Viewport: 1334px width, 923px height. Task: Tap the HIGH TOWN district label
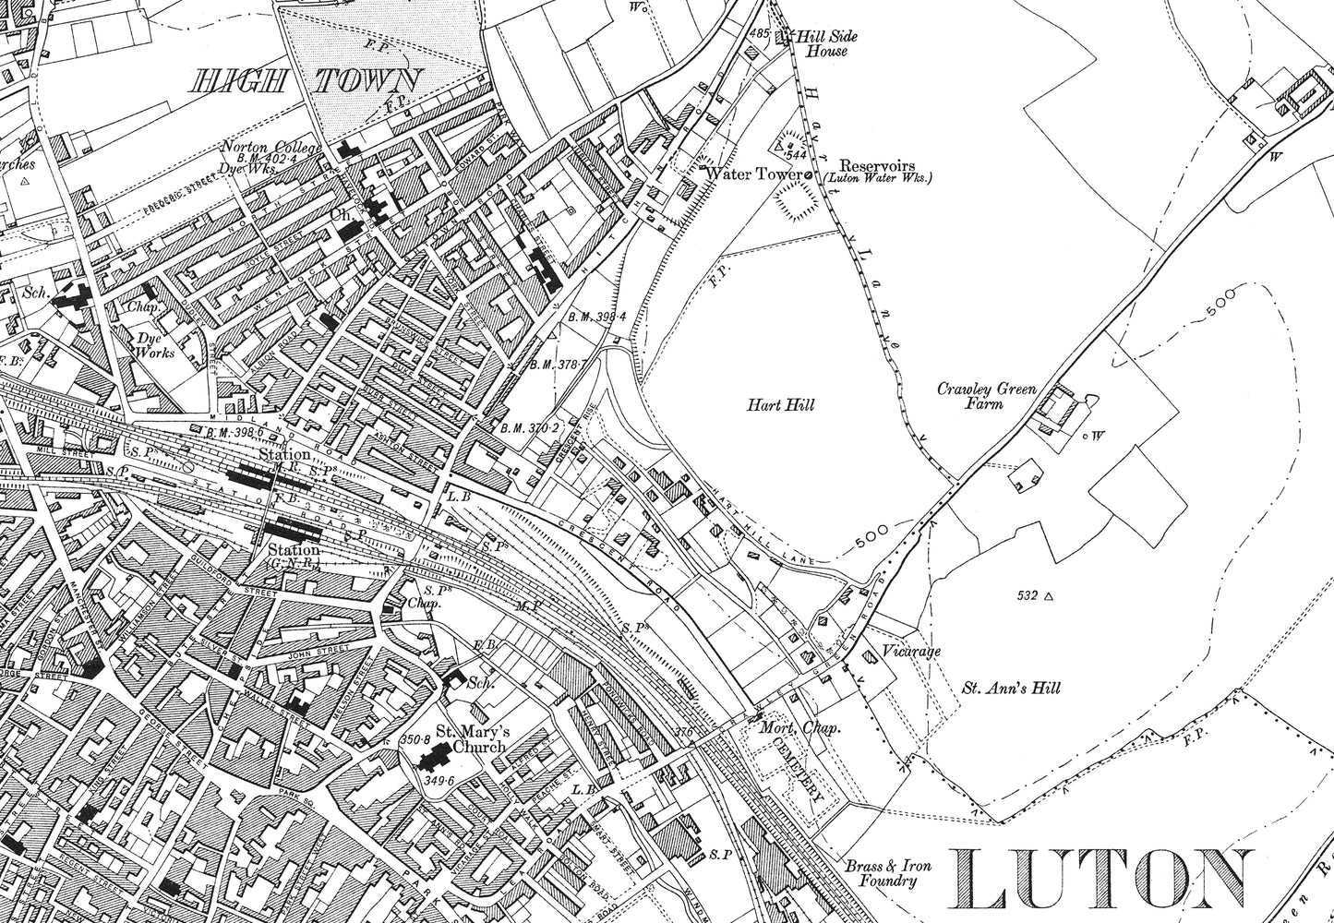pyautogui.click(x=305, y=81)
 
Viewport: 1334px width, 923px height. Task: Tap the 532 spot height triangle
pyautogui.click(x=1048, y=596)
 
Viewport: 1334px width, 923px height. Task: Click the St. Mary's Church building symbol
pyautogui.click(x=430, y=761)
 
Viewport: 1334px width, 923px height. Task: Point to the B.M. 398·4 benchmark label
pyautogui.click(x=596, y=317)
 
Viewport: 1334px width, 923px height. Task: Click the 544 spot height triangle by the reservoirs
pyautogui.click(x=778, y=146)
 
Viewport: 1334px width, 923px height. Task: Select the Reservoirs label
pyautogui.click(x=875, y=162)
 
